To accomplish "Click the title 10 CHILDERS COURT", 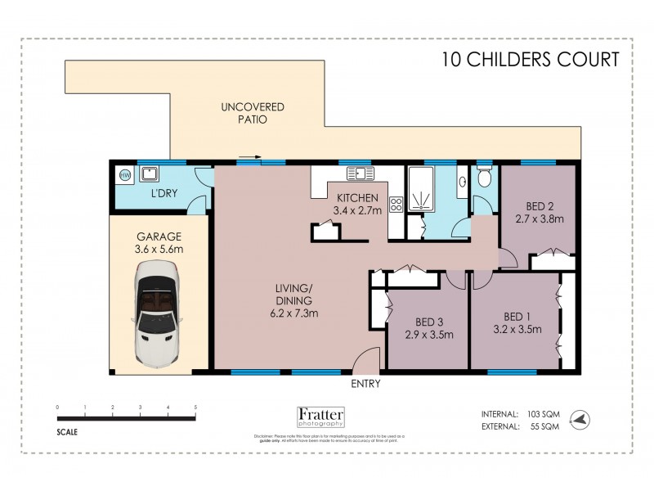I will click(x=530, y=59).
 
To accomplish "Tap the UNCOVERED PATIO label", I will click(x=244, y=113).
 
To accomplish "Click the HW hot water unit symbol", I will click(x=125, y=174).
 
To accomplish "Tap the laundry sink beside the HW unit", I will click(x=149, y=173).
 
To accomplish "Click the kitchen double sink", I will click(x=359, y=173).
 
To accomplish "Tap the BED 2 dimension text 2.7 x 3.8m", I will click(x=538, y=219).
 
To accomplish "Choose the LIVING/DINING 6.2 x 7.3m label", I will click(x=295, y=300).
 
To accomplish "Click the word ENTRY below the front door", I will click(x=365, y=384).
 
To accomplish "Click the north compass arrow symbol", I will click(x=580, y=418).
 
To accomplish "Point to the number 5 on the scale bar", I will click(x=195, y=407).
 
